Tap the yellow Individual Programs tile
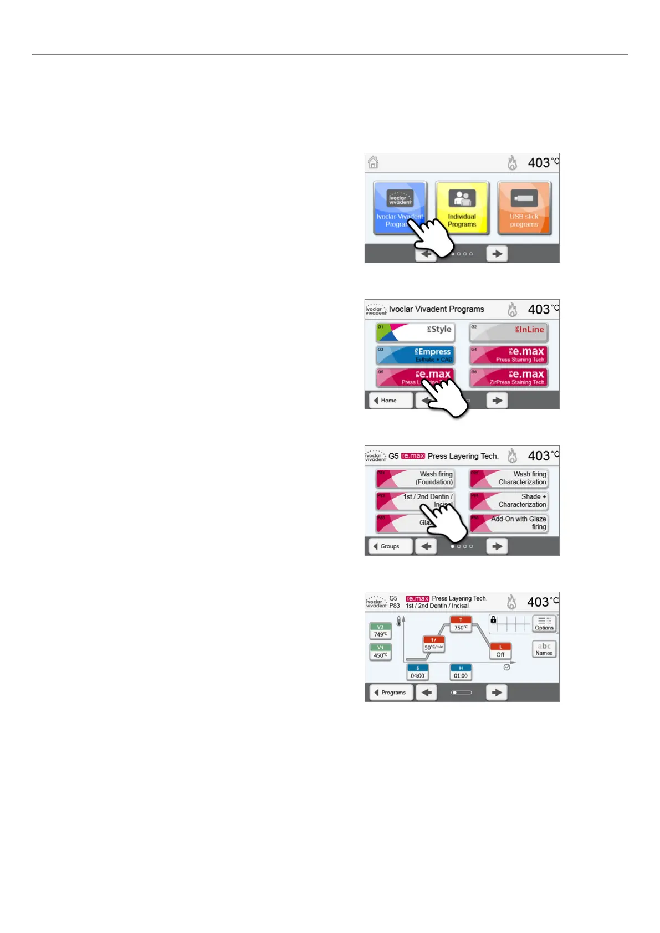tap(462, 208)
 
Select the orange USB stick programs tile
tap(524, 208)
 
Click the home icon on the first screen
tap(374, 162)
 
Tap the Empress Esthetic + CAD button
tap(415, 355)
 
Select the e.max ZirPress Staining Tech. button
tap(509, 377)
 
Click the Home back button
tap(391, 400)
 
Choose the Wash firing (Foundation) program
tap(415, 478)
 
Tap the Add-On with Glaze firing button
tap(509, 522)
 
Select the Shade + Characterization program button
tap(509, 500)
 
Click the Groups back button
tap(391, 546)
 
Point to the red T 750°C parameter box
tap(461, 624)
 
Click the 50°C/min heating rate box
tap(434, 644)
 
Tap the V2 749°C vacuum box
tap(380, 631)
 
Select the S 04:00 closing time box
tap(417, 673)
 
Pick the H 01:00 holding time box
tap(461, 673)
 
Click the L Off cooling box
tap(500, 651)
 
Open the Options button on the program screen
tap(544, 624)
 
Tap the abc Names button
tap(544, 649)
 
